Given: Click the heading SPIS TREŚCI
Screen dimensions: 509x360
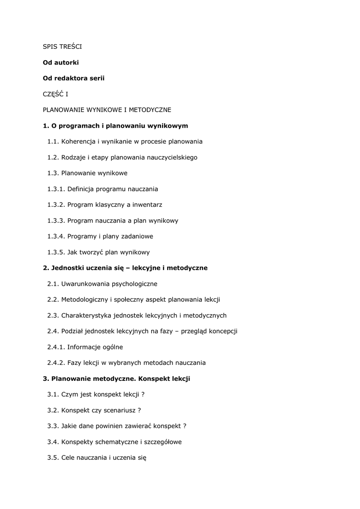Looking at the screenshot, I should pos(62,47).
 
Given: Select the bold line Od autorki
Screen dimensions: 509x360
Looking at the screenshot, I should pos(61,63).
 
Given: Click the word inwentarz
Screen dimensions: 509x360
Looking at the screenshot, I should pos(148,205).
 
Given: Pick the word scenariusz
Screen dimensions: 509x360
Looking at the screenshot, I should pos(119,410).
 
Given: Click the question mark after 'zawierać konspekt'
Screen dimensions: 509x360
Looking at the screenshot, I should pos(184,426).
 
